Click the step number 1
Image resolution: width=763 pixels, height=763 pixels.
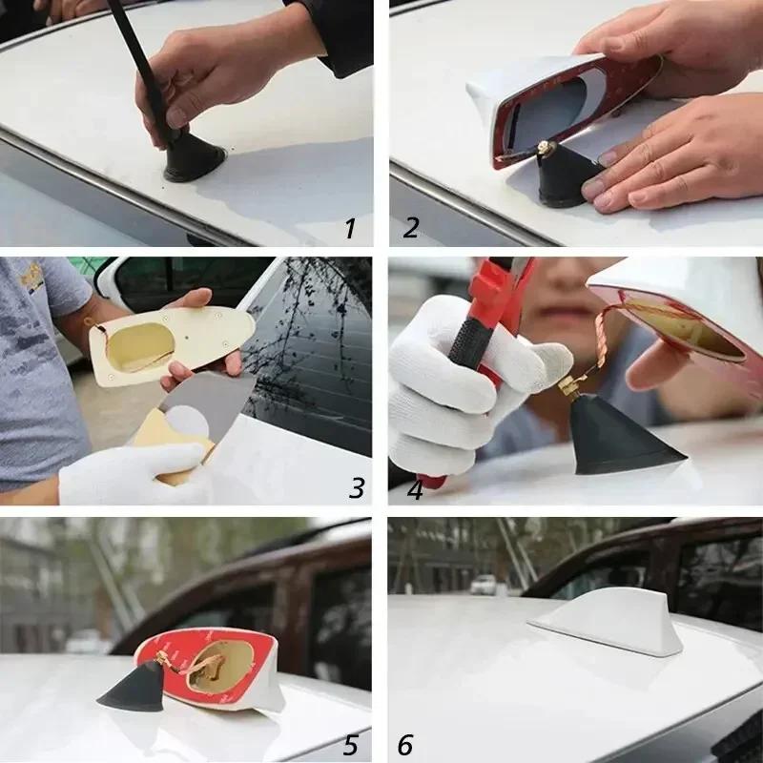click(x=350, y=228)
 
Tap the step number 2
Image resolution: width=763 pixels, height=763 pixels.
click(x=411, y=228)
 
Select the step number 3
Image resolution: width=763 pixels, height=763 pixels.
click(x=356, y=488)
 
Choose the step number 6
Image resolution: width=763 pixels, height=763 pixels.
click(x=406, y=745)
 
